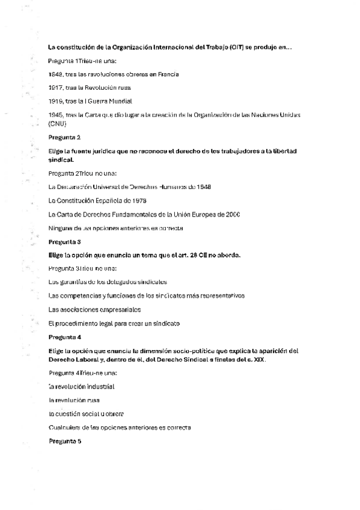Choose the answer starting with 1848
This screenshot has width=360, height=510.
coord(113,74)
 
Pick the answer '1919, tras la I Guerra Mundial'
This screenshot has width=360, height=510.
coord(90,101)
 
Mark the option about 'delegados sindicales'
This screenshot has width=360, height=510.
coord(108,281)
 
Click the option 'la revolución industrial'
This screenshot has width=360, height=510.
coord(82,386)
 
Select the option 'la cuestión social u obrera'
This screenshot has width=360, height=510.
coord(86,413)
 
